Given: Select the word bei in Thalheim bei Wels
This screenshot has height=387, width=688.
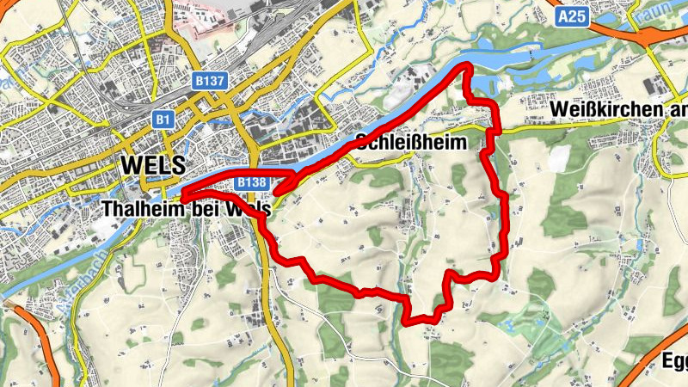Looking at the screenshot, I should click(x=203, y=209).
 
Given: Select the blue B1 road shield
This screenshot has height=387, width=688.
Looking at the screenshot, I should click(x=163, y=120).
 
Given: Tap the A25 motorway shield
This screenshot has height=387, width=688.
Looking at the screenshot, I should click(x=570, y=16).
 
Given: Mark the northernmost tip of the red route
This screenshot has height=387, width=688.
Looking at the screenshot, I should click(x=465, y=66).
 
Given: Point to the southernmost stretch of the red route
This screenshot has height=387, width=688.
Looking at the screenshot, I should click(x=417, y=322).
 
